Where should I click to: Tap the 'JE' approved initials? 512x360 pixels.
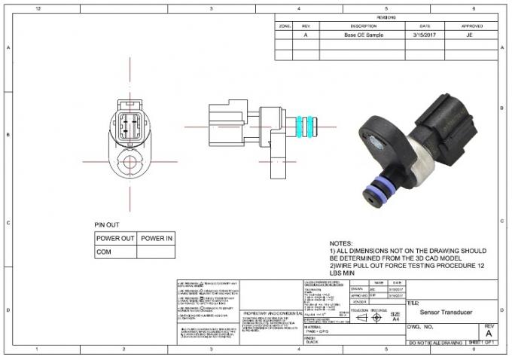point(470,35)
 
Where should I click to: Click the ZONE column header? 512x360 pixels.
point(285,25)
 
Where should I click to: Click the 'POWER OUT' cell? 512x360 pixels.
point(115,239)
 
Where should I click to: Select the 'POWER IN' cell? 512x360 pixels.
point(157,239)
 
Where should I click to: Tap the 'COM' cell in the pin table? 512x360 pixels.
point(104,253)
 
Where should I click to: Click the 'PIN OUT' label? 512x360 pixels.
point(107,224)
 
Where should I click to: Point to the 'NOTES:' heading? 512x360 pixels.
point(340,243)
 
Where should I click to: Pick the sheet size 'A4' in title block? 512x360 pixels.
point(395,319)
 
